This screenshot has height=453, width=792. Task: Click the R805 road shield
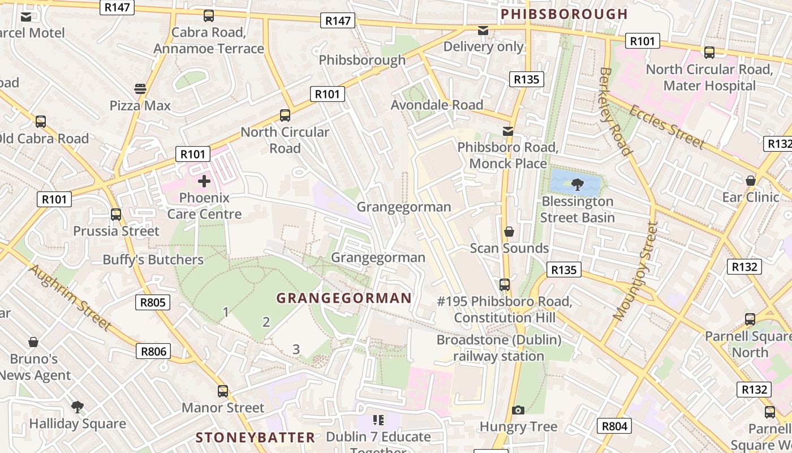pyautogui.click(x=153, y=302)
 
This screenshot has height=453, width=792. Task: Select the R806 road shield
pyautogui.click(x=153, y=352)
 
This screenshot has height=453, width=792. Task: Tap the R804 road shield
pyautogui.click(x=615, y=426)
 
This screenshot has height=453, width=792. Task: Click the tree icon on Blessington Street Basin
pyautogui.click(x=578, y=183)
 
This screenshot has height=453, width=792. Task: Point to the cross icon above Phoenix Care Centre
pyautogui.click(x=204, y=181)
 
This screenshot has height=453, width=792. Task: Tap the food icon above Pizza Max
pyautogui.click(x=140, y=89)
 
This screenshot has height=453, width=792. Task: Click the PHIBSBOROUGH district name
pyautogui.click(x=565, y=14)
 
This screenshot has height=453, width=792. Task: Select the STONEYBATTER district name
pyautogui.click(x=255, y=437)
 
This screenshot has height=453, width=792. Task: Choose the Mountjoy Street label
pyautogui.click(x=636, y=271)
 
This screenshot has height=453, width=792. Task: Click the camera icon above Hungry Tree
pyautogui.click(x=518, y=410)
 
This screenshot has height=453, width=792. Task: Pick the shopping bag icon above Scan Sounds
pyautogui.click(x=509, y=232)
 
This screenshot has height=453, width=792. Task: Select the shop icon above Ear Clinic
pyautogui.click(x=751, y=181)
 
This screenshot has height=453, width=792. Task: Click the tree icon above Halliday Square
pyautogui.click(x=78, y=407)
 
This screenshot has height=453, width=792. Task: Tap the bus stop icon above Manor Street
pyautogui.click(x=223, y=391)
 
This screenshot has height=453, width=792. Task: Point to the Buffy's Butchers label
pyautogui.click(x=153, y=260)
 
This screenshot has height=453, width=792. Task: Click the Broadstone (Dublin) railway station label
pyautogui.click(x=498, y=348)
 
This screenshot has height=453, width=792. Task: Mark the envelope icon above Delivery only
pyautogui.click(x=483, y=30)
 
